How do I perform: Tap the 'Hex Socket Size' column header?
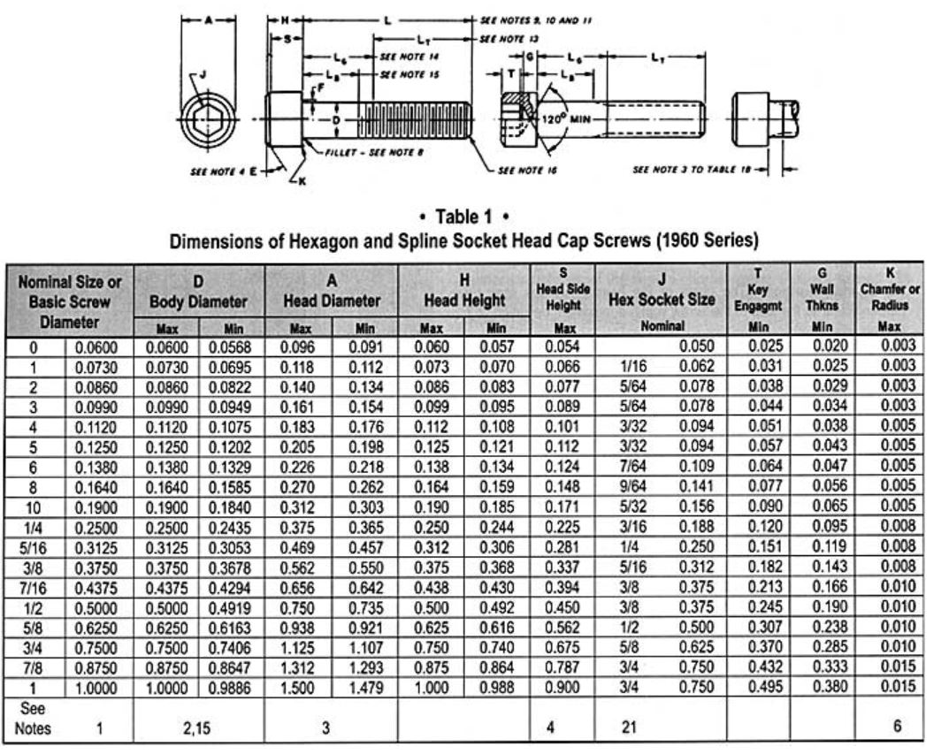(662, 298)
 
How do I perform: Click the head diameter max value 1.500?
(297, 687)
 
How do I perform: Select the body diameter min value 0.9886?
(230, 687)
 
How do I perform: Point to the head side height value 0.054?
(562, 347)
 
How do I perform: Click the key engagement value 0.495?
(758, 687)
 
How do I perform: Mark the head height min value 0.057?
(497, 347)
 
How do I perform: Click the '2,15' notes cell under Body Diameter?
(198, 727)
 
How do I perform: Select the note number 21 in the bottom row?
(630, 727)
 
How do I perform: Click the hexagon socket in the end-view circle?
(210, 119)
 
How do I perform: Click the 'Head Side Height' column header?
(563, 289)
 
